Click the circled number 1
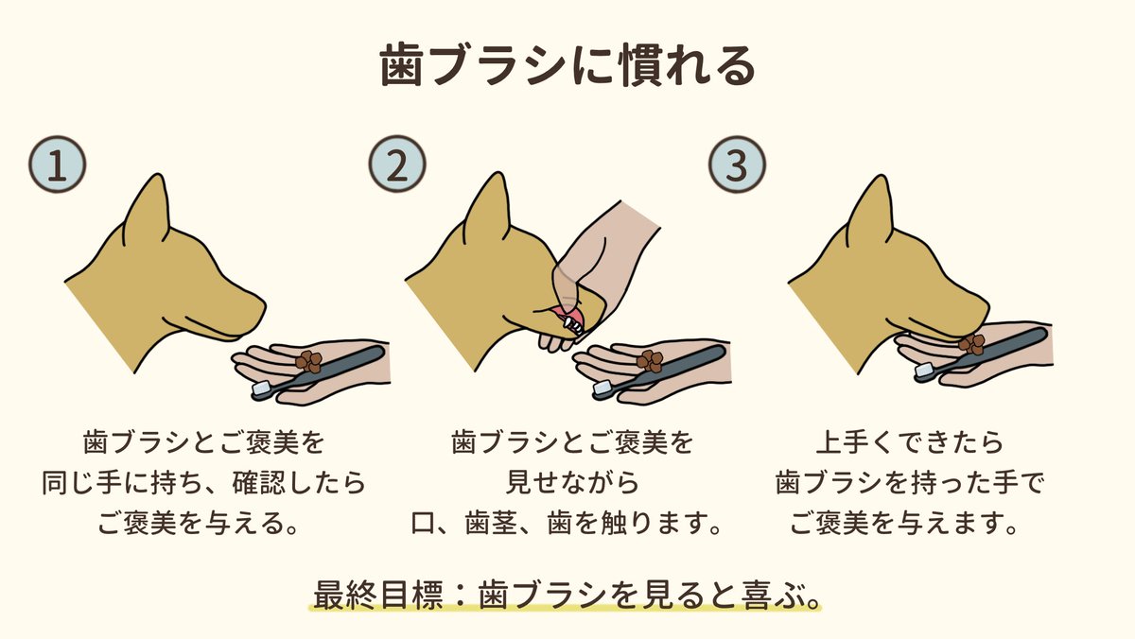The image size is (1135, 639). (58, 164)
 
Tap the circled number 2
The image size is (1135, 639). (396, 164)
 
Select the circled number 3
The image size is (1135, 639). (737, 164)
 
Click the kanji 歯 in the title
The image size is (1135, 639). (401, 66)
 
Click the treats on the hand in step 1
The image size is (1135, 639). (308, 361)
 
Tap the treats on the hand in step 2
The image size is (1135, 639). (650, 361)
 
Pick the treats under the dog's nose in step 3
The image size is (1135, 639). (971, 344)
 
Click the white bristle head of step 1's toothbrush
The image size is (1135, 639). (262, 389)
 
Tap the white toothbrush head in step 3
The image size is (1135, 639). (925, 370)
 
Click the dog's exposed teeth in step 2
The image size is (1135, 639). (572, 324)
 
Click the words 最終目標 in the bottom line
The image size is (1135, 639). (378, 596)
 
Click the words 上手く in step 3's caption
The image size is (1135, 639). (856, 442)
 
